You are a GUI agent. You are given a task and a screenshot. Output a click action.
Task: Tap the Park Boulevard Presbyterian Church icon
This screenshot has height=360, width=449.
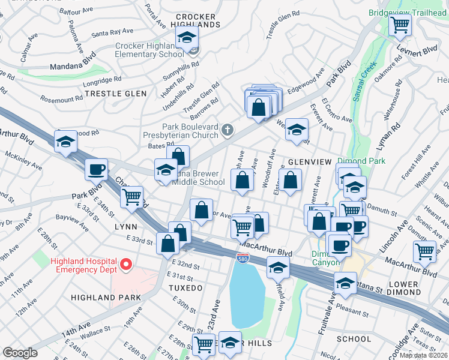click(x=228, y=129)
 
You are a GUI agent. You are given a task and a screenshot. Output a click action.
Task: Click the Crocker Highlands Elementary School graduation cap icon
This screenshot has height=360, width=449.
click(x=187, y=38)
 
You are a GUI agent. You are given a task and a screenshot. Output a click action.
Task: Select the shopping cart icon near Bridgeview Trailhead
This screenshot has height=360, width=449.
click(x=399, y=25)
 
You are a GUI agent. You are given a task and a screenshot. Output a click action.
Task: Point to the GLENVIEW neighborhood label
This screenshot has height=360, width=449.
click(x=310, y=162)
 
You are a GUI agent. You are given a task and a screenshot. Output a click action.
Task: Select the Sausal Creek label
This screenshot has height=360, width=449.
click(x=364, y=80)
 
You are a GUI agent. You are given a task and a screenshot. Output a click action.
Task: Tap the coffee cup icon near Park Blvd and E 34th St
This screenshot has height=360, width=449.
click(x=96, y=170)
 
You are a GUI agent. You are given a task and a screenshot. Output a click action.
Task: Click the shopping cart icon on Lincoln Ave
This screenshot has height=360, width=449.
click(x=424, y=252)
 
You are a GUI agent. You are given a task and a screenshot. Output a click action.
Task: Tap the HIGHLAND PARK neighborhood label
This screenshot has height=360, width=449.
click(x=105, y=298)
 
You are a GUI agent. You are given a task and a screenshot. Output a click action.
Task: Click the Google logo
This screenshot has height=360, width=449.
click(x=20, y=353)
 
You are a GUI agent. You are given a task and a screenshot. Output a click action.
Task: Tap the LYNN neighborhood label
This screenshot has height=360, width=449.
click(x=125, y=227)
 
